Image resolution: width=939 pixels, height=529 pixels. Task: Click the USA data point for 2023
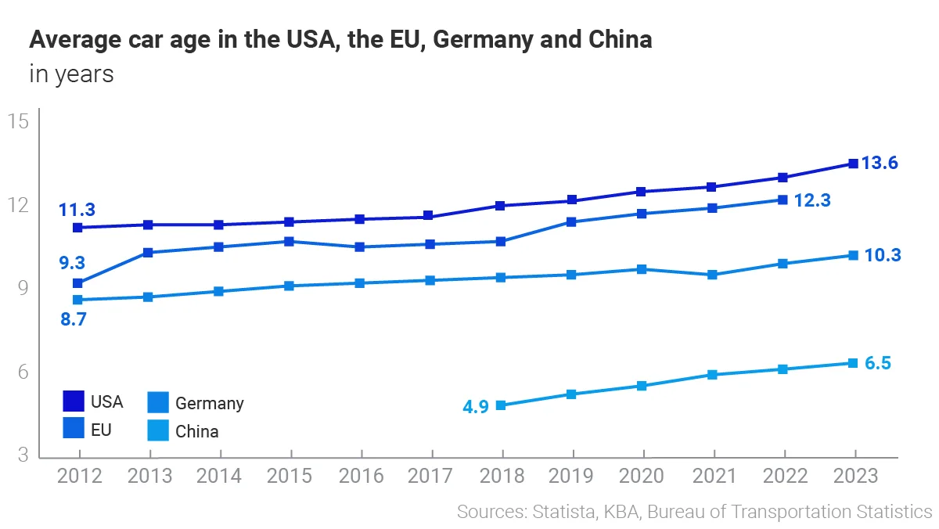[x=854, y=164]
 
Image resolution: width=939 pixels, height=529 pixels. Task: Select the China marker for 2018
[x=501, y=405]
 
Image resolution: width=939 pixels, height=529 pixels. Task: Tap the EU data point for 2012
[x=77, y=283]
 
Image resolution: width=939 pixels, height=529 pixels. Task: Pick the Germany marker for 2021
[x=712, y=275]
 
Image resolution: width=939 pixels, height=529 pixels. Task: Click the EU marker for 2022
[x=782, y=200]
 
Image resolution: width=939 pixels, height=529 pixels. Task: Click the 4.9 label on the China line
[x=476, y=406]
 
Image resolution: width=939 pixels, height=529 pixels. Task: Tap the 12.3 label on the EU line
[x=811, y=200]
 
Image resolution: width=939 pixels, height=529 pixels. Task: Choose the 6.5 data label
[x=878, y=364]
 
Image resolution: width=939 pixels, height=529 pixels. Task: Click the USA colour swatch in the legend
[x=74, y=401]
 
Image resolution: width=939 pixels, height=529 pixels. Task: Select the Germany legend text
[x=209, y=404]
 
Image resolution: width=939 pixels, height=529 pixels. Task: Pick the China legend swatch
[x=158, y=430]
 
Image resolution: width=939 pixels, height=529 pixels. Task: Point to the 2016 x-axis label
[x=361, y=476]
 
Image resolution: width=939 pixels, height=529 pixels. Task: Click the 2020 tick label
[x=642, y=476]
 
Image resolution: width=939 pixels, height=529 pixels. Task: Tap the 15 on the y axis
[x=18, y=121]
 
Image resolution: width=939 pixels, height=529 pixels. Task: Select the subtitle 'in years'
[x=71, y=74]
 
